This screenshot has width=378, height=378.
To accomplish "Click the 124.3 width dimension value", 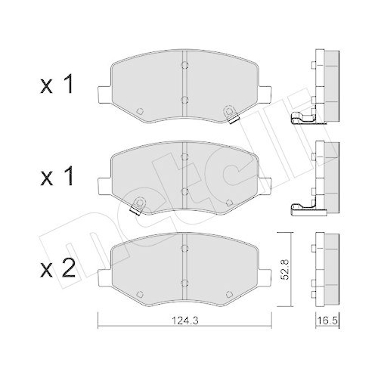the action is pos(185,321).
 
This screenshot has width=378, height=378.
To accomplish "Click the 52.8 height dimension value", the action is pos(286,269).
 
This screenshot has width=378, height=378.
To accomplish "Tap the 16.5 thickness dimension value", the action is pos(327,321).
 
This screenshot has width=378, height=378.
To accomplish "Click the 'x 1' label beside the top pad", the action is pos(57,84).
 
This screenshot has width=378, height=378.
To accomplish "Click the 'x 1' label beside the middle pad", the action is pos(57,176).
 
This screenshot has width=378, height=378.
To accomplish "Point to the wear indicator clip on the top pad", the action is pos(231,114).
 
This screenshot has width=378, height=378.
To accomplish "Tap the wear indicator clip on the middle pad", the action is pos(138,206).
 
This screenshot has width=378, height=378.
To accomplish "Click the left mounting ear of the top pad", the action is pos(104,94).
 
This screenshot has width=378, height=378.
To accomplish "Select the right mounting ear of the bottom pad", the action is pos(265,278).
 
